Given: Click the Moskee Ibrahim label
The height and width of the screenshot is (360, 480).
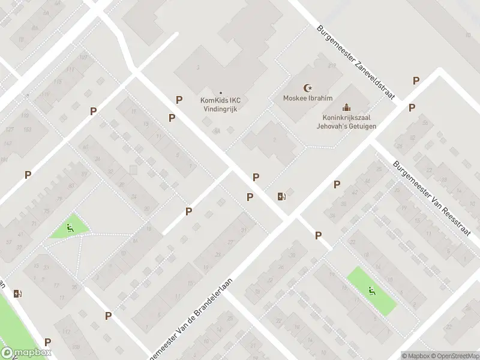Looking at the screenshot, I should coord(307,98).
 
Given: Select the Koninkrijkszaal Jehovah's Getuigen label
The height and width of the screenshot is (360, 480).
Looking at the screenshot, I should coord(346,122).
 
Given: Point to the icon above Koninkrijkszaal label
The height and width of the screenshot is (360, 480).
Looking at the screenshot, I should coord(346,108).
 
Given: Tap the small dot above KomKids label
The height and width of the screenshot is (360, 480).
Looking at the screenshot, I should coord(221,92).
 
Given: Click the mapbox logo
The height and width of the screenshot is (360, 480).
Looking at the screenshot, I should coord(26,353).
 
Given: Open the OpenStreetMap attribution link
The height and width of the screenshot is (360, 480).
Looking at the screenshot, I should coord(454,355).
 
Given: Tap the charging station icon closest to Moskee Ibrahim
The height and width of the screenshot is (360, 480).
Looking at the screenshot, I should coord(281,196).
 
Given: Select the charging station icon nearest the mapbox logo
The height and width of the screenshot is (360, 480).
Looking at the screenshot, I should coord(17,293).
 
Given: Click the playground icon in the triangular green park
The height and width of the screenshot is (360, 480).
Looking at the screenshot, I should coord(70,227).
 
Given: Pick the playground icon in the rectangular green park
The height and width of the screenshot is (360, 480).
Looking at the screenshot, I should coord(372,292).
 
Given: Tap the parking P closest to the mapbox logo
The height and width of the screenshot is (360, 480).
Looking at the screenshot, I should coord(47,342).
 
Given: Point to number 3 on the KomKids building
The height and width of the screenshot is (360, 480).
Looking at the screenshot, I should coord(198,68).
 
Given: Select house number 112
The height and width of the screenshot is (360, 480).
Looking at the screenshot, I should coord(67,332).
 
